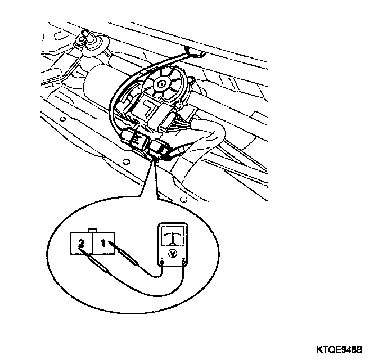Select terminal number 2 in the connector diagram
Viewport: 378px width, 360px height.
pyautogui.click(x=82, y=244)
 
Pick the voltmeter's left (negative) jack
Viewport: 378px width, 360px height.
pyautogui.click(x=163, y=262)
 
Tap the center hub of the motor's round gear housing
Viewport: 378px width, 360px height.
pyautogui.click(x=161, y=83)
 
